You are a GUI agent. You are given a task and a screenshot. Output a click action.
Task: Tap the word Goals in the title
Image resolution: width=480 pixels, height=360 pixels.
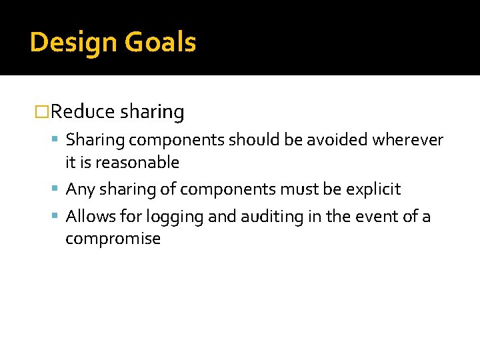pos(159,43)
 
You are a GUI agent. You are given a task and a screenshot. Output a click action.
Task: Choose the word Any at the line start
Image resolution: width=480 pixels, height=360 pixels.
pos(81,189)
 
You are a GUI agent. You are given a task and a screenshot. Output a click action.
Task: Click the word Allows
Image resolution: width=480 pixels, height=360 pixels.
pos(89,217)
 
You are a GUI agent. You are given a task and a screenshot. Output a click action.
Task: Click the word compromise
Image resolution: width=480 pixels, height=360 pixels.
pos(113,239)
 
